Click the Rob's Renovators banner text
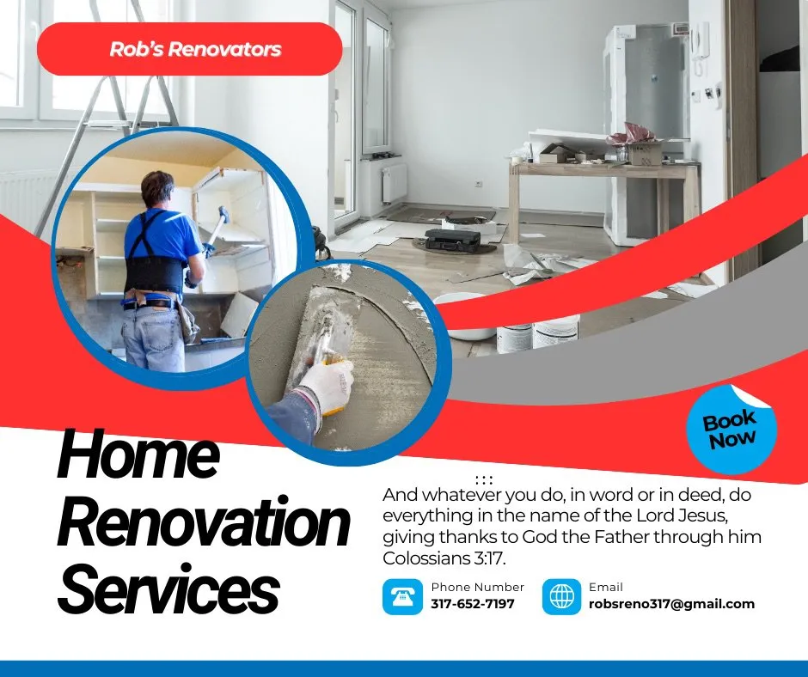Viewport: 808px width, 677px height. coord(195,49)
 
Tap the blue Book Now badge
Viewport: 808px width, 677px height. coord(731,429)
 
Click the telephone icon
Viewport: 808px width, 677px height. coord(402,596)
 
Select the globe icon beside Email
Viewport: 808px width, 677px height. coord(562,596)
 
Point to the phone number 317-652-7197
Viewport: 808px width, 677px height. coord(472,604)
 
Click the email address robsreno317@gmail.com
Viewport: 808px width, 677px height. coord(671,604)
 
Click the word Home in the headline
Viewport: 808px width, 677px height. coord(138,455)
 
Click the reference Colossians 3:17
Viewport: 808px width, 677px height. coord(444,559)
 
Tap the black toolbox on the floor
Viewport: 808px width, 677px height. coord(453,240)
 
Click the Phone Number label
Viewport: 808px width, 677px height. coord(477,587)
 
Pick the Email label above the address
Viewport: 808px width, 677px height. coord(606,587)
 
